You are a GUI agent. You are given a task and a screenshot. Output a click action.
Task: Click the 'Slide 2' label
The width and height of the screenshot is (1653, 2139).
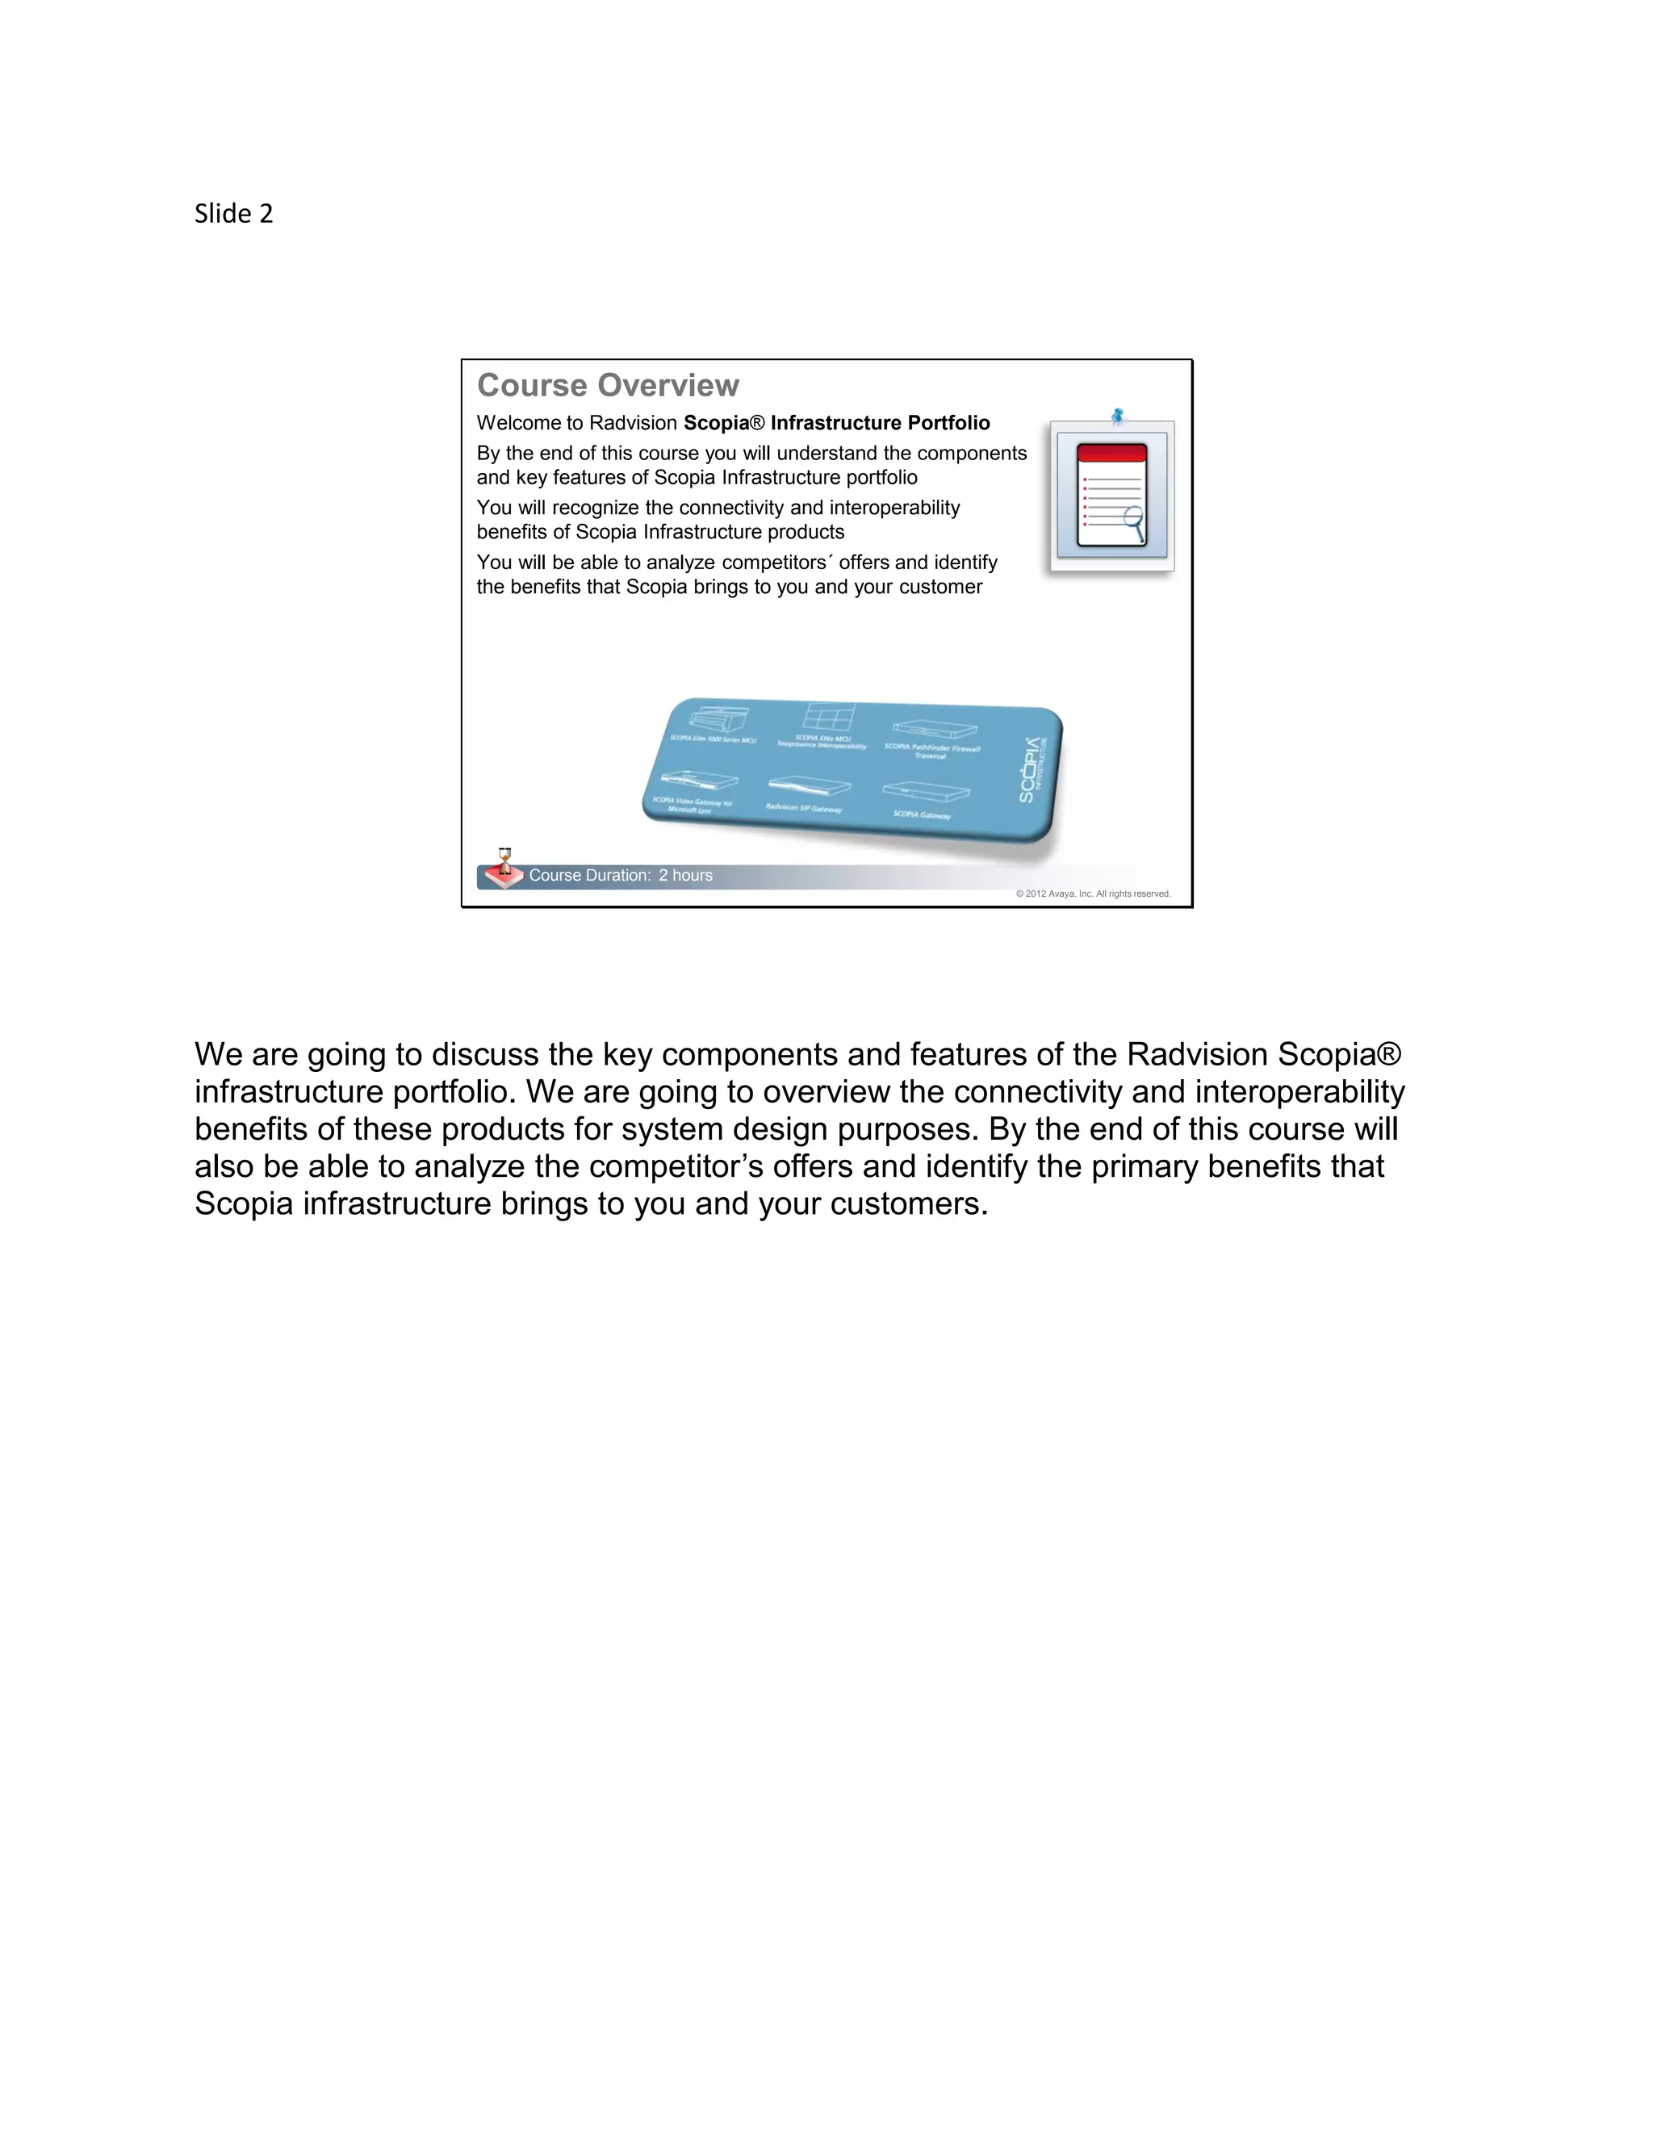[x=233, y=214]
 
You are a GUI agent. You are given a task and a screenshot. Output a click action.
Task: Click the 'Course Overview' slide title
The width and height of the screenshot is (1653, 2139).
[x=607, y=385]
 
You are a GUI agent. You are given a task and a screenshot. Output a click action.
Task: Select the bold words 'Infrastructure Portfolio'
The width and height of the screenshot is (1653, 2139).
[x=880, y=423]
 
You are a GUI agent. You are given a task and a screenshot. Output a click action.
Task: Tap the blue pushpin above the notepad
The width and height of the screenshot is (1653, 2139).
[x=1117, y=416]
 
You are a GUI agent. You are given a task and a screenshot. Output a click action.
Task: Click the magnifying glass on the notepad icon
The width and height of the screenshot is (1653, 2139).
[x=1135, y=521]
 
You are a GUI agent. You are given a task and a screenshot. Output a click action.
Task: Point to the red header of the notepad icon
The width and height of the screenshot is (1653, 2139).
[x=1111, y=453]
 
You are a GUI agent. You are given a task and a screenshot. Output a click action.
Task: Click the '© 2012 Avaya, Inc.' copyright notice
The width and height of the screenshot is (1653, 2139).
[x=1093, y=894]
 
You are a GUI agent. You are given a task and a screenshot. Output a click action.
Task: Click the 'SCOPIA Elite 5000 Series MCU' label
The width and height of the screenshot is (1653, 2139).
[x=712, y=739]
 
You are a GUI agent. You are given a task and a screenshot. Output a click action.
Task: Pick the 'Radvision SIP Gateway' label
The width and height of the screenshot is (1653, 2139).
[x=804, y=808]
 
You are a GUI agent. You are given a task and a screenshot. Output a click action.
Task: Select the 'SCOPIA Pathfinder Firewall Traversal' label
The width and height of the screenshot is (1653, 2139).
[x=931, y=750]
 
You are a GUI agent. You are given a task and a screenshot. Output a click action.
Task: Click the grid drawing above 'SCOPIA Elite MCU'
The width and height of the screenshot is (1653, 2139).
[x=828, y=717]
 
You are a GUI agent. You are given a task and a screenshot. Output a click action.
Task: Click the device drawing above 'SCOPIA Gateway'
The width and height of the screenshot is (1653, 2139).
[x=926, y=791]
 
